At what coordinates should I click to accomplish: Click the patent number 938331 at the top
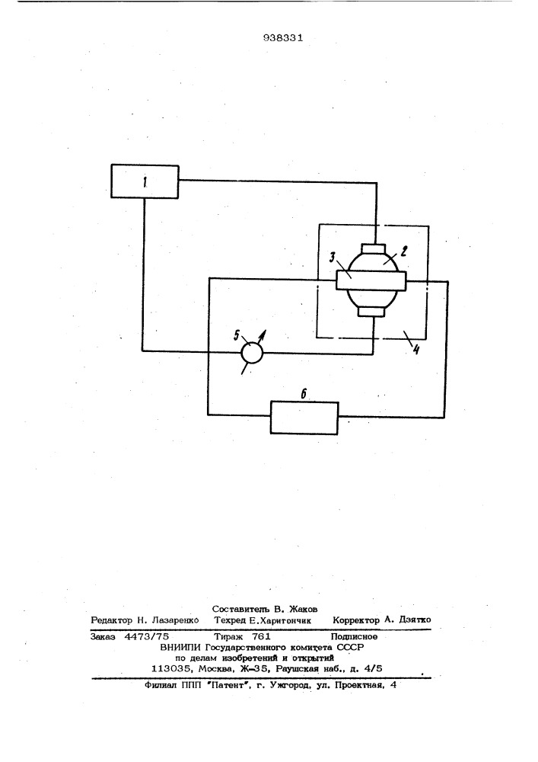click(x=283, y=38)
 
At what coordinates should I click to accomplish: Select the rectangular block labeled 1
click(x=145, y=181)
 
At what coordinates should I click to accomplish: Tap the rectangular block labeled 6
click(x=304, y=418)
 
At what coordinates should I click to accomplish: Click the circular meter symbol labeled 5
click(x=252, y=352)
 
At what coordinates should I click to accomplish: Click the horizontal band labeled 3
click(x=370, y=281)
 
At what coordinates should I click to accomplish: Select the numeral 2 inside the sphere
click(x=403, y=251)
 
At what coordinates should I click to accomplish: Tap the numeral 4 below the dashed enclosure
click(x=415, y=350)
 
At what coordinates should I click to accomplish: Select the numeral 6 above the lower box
click(x=304, y=394)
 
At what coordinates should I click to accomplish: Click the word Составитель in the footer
click(x=240, y=609)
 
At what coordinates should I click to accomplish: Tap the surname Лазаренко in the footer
click(x=175, y=620)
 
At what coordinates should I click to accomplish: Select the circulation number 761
click(x=261, y=636)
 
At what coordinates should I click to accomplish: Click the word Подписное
click(x=354, y=636)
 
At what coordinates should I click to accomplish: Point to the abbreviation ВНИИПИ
click(x=180, y=647)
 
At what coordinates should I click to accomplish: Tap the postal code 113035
click(x=169, y=669)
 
